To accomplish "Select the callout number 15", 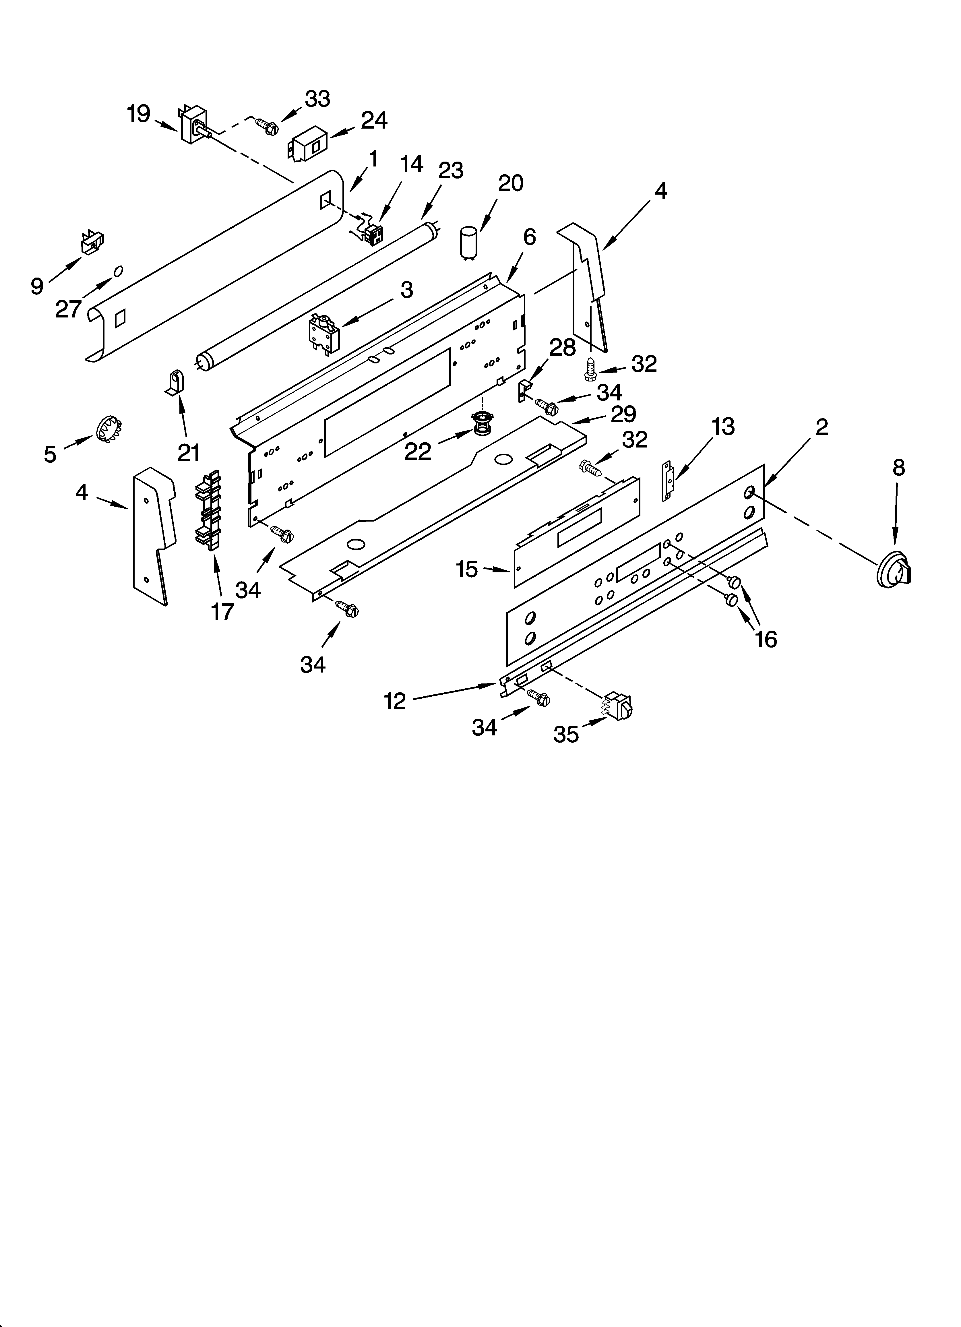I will [467, 569].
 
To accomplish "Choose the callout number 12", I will [395, 700].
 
